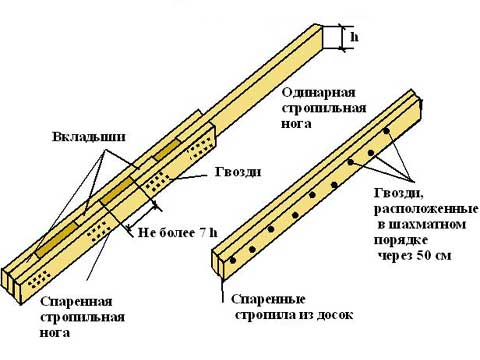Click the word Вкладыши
click(x=89, y=137)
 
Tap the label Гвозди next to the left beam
click(x=238, y=172)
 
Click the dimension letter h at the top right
click(x=354, y=37)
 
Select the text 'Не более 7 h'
click(x=178, y=232)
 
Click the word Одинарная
click(x=319, y=92)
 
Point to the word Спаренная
click(x=76, y=302)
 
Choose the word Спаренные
click(x=268, y=299)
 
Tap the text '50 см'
click(x=432, y=256)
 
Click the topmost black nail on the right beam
click(x=386, y=131)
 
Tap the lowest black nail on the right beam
click(x=233, y=260)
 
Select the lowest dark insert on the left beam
click(x=57, y=239)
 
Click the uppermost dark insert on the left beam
click(x=167, y=149)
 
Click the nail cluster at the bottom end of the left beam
click(x=39, y=279)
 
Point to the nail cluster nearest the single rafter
click(x=201, y=149)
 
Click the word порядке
click(x=401, y=240)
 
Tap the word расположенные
click(x=426, y=209)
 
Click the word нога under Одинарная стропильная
click(x=296, y=124)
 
